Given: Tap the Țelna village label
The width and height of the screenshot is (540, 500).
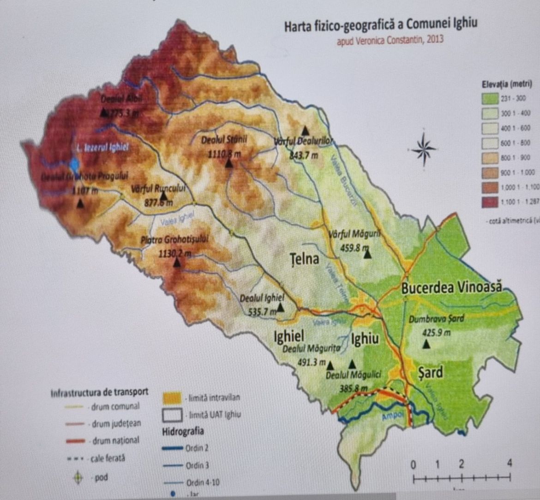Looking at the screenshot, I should click(305, 258).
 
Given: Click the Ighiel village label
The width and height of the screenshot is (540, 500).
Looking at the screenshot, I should click(288, 336).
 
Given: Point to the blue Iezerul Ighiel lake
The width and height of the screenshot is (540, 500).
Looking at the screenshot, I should click(74, 164).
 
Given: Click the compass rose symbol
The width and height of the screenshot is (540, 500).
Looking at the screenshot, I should click(423, 148).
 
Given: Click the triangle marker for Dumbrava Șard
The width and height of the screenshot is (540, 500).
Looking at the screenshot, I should click(427, 344).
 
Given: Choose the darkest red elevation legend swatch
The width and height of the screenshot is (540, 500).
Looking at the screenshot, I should click(490, 201).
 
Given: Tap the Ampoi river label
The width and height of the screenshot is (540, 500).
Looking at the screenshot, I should click(390, 416).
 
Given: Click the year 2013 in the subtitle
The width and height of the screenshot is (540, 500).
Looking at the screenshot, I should click(435, 39).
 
